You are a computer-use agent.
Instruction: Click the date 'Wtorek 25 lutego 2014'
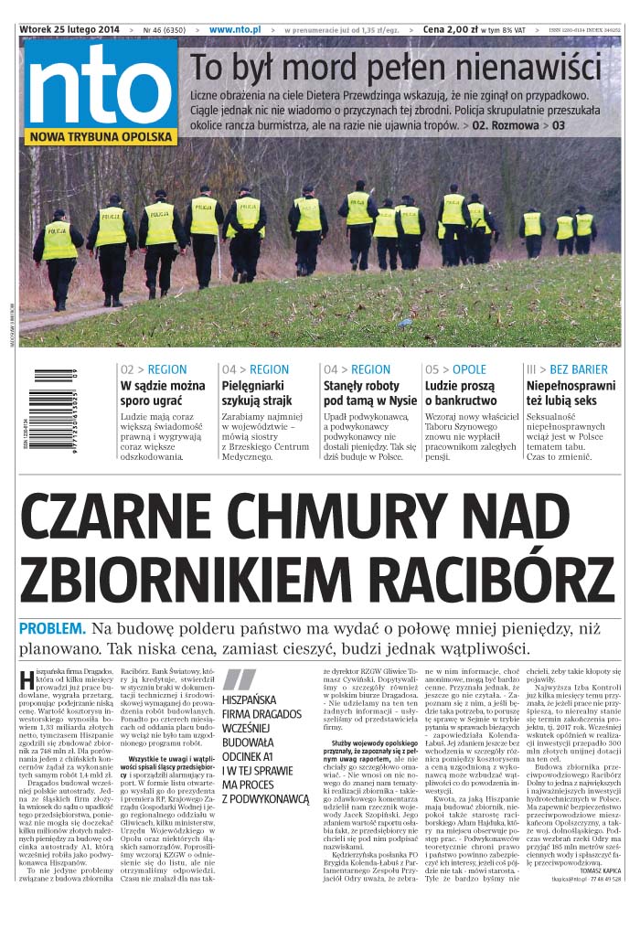click(x=70, y=29)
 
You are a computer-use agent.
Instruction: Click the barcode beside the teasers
click(x=54, y=408)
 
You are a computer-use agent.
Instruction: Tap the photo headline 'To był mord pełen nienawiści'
click(x=395, y=69)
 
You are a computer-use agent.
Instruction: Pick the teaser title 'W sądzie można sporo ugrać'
click(x=163, y=393)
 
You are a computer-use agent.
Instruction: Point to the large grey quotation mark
click(x=240, y=679)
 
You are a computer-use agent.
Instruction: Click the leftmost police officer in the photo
click(x=59, y=259)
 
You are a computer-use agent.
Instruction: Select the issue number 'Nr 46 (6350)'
click(x=162, y=29)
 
